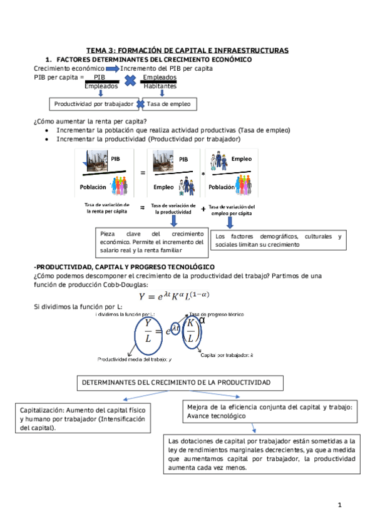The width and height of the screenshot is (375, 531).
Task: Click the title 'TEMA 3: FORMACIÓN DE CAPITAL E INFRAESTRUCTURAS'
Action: tap(187, 49)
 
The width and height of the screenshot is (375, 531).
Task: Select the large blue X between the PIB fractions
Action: tap(130, 81)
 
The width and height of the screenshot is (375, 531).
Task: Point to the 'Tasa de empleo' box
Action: tap(168, 103)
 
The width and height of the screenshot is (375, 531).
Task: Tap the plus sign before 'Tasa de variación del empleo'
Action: tap(203, 209)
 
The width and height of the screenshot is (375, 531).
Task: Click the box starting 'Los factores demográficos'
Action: tap(278, 240)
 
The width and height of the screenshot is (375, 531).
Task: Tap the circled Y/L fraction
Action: tap(148, 330)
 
